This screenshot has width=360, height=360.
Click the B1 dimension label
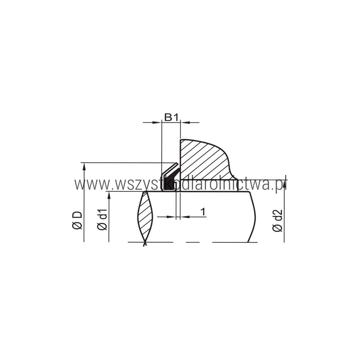point(171,117)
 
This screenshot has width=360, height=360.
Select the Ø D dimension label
point(77,220)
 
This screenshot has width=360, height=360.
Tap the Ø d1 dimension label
point(102,220)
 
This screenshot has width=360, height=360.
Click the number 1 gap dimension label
point(203,212)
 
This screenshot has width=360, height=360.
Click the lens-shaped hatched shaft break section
point(145,217)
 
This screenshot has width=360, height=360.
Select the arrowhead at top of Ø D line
point(84,166)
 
